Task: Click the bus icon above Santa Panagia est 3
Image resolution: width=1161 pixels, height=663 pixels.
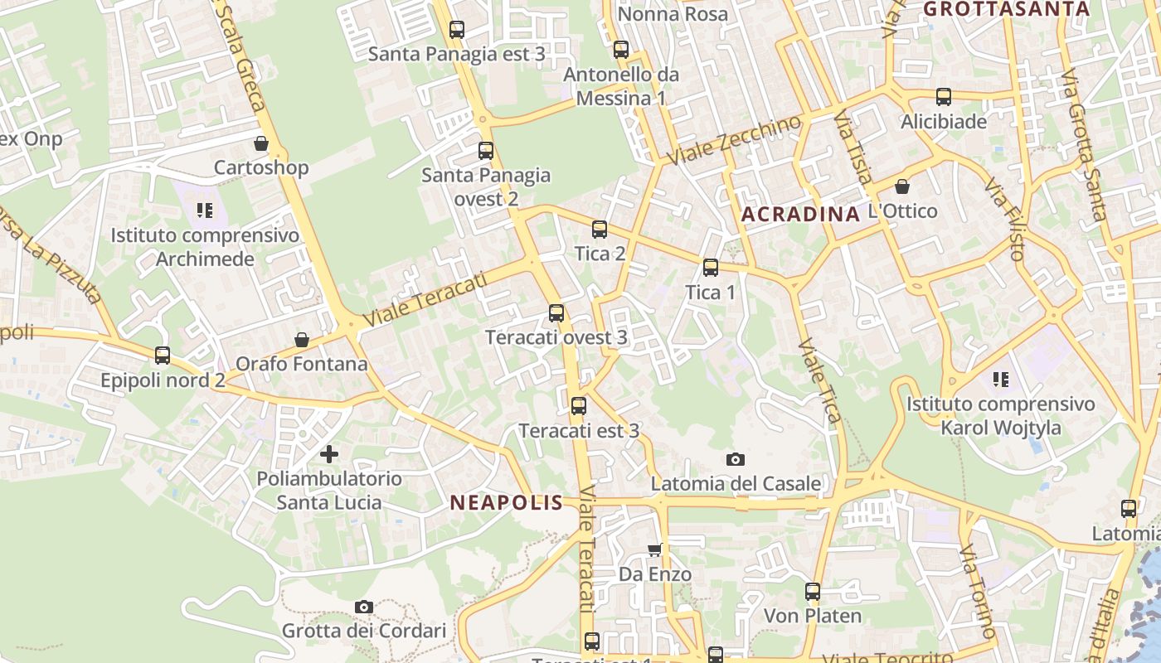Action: pyautogui.click(x=456, y=31)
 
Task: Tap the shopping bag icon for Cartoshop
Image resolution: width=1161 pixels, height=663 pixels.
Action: pyautogui.click(x=261, y=144)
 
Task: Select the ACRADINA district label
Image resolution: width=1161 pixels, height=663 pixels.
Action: pyautogui.click(x=800, y=215)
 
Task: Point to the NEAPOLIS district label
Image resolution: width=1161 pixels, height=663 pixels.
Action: pyautogui.click(x=506, y=502)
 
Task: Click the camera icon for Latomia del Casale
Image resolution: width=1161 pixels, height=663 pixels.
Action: pyautogui.click(x=735, y=460)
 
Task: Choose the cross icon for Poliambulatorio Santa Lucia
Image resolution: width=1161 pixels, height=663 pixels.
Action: pyautogui.click(x=329, y=454)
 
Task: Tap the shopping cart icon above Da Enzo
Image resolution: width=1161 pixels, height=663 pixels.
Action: pyautogui.click(x=655, y=549)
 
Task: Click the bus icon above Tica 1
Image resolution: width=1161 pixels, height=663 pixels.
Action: pyautogui.click(x=711, y=268)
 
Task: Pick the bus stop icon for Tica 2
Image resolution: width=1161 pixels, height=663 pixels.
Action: pyautogui.click(x=600, y=230)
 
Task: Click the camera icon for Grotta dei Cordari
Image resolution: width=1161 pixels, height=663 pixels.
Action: pyautogui.click(x=363, y=607)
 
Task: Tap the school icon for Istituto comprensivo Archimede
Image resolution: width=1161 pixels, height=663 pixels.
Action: pyautogui.click(x=205, y=211)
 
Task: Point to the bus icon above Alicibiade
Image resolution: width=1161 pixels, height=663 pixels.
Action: pyautogui.click(x=944, y=97)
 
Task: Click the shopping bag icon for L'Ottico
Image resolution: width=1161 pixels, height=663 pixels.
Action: pyautogui.click(x=902, y=187)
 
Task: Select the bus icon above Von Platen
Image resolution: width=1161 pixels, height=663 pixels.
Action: pyautogui.click(x=813, y=592)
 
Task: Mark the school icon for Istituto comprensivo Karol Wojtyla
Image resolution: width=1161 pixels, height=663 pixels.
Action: pyautogui.click(x=1001, y=380)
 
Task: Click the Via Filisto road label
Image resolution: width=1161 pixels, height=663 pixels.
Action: pyautogui.click(x=1005, y=219)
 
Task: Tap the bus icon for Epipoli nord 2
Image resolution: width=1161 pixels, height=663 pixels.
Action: pyautogui.click(x=163, y=356)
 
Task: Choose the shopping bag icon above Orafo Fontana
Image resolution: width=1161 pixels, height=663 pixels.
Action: pyautogui.click(x=302, y=340)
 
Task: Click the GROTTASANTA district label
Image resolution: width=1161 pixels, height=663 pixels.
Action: pyautogui.click(x=1006, y=9)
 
